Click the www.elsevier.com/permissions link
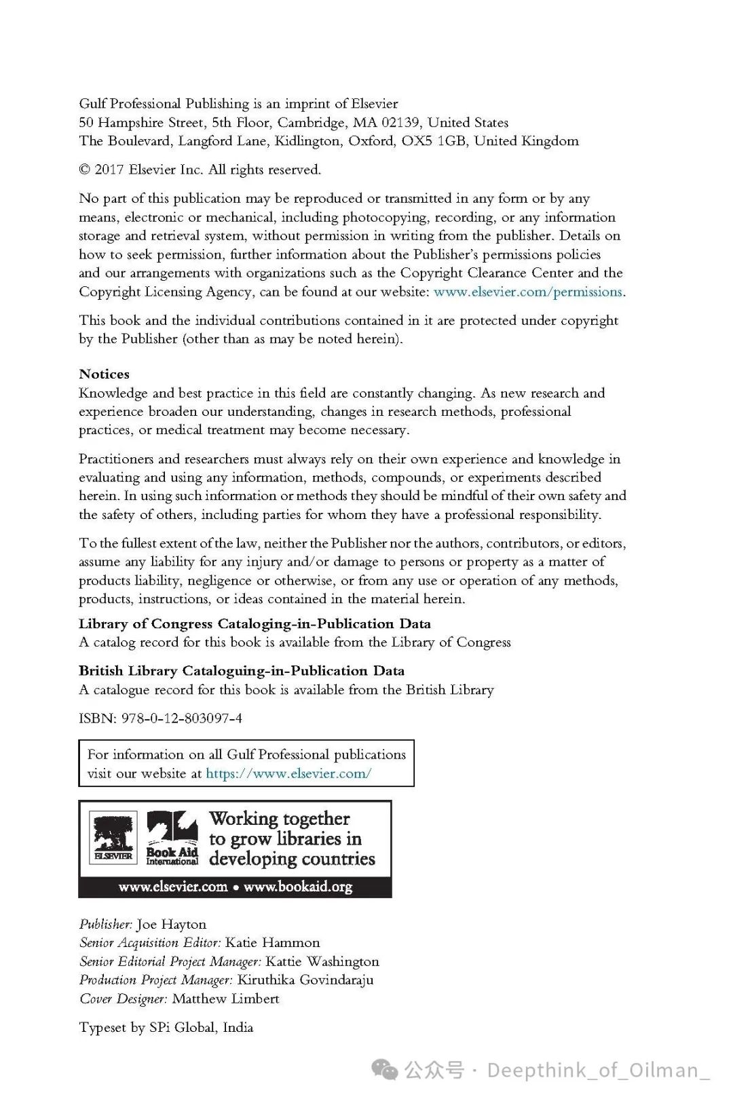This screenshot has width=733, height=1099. (528, 292)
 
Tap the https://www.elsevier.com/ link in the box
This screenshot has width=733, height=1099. (288, 773)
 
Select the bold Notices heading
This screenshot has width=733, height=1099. (104, 374)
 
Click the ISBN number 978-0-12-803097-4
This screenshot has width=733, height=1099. (181, 718)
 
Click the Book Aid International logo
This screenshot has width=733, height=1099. (172, 838)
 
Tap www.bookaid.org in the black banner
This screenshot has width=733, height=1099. (298, 887)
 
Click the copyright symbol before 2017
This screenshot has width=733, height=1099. (84, 170)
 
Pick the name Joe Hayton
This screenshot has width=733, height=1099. (172, 925)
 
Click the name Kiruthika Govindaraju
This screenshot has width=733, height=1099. (305, 980)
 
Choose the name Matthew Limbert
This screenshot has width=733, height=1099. (225, 999)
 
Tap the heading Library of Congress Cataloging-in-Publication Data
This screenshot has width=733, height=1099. (255, 624)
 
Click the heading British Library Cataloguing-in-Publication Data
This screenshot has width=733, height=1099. (242, 671)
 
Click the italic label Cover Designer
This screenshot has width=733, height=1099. (124, 999)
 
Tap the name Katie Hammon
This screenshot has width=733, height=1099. (272, 943)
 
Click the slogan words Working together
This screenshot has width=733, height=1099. (280, 819)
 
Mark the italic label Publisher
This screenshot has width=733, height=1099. (105, 925)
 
